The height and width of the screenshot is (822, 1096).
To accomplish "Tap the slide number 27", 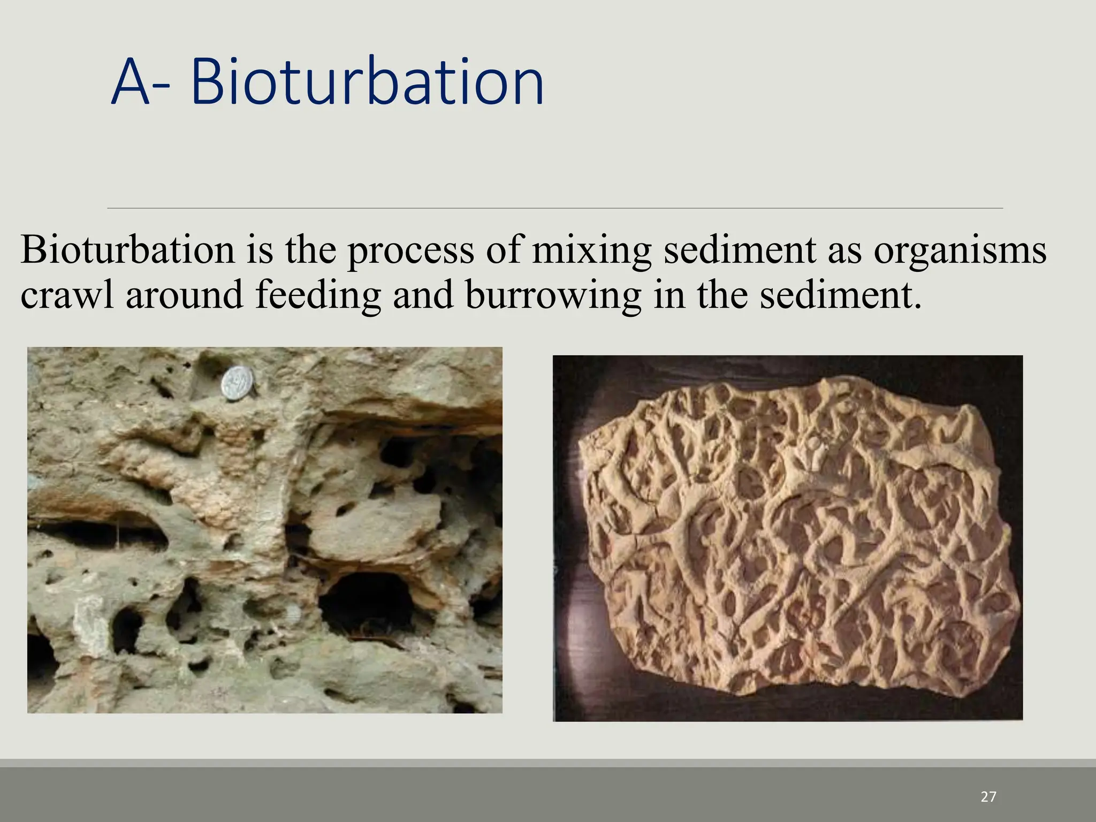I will tap(988, 797).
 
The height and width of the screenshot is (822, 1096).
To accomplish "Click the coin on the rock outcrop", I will tap(238, 383).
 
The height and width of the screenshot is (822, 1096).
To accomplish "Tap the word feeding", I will tap(318, 296).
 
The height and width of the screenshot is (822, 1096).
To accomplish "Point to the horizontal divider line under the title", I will tap(554, 208).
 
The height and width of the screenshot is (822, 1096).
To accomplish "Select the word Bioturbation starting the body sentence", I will tap(127, 250).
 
